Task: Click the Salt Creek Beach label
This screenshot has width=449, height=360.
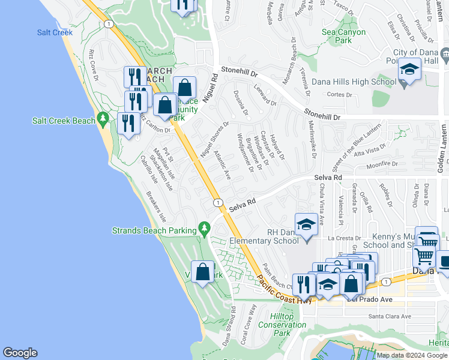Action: click(63, 121)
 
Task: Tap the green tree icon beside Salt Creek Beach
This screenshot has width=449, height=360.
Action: click(104, 121)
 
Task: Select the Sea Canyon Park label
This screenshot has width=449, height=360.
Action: click(343, 37)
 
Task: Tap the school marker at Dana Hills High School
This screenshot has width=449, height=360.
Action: click(409, 70)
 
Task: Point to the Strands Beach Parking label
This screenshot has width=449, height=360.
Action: click(154, 230)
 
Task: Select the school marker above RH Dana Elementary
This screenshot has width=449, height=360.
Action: click(306, 226)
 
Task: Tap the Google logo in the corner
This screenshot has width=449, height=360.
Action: click(20, 353)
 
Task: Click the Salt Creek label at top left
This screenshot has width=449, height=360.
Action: click(55, 33)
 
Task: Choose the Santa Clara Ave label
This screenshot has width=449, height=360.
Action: click(390, 316)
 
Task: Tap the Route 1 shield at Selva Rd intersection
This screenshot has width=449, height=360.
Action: click(217, 203)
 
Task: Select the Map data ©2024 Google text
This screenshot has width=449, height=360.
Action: click(412, 355)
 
